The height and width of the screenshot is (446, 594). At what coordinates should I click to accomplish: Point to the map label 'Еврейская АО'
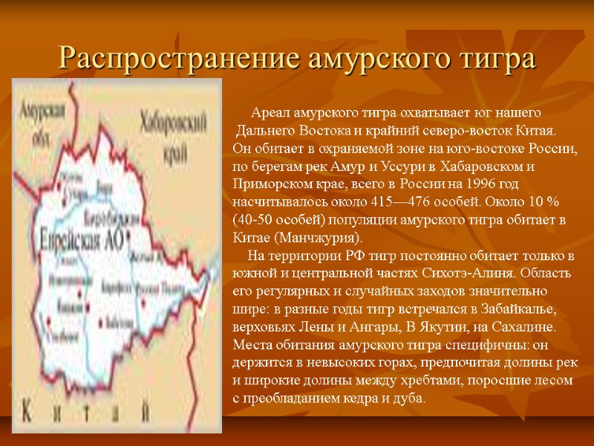point(82,236)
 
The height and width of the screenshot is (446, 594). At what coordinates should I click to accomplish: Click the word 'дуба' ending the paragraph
point(410,398)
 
